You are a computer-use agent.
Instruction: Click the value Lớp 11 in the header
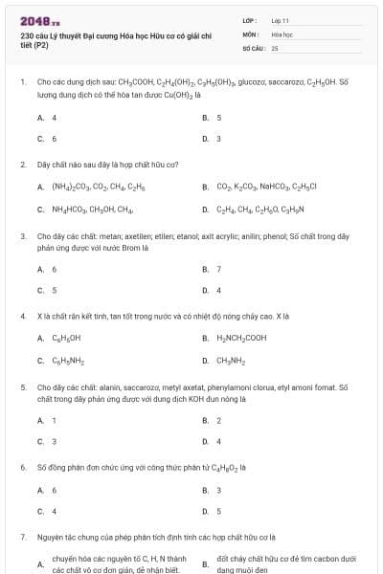pos(281,20)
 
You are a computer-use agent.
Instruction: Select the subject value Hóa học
pos(282,33)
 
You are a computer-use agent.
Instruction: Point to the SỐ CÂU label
pos(253,47)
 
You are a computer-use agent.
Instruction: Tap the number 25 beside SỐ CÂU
pos(275,47)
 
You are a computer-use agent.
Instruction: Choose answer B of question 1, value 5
pos(219,118)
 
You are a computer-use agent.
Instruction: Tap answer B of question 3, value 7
pos(219,269)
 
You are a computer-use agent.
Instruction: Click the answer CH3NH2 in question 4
pos(232,361)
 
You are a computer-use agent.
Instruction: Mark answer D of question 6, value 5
pos(219,511)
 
